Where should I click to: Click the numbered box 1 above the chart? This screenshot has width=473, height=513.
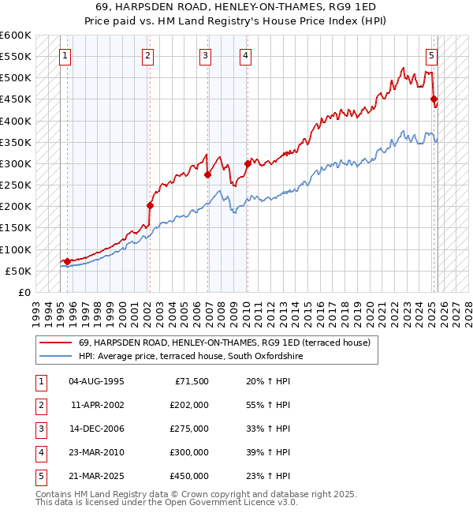[x=64, y=55]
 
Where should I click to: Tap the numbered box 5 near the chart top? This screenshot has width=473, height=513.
[x=432, y=55]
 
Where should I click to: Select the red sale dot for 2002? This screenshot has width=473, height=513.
[x=150, y=205]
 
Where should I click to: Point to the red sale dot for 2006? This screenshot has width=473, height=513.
[x=207, y=174]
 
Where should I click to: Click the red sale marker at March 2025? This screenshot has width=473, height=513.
[x=434, y=99]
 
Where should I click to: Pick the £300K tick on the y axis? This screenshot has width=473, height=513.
[x=16, y=163]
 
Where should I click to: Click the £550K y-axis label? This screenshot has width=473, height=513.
[x=16, y=57]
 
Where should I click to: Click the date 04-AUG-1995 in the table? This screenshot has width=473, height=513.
[x=96, y=381]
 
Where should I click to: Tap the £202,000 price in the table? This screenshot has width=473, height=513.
[x=188, y=405]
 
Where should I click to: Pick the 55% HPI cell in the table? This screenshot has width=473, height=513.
[x=268, y=405]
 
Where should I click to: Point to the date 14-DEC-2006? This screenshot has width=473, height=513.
[x=96, y=429]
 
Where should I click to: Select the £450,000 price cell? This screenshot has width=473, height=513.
[x=188, y=476]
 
